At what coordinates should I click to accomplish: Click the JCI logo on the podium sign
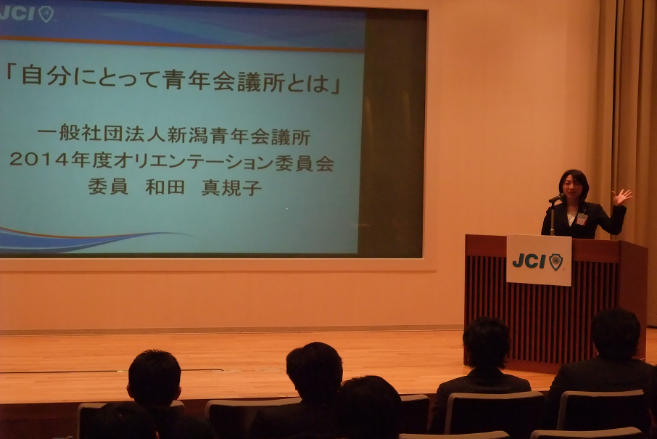(537, 261)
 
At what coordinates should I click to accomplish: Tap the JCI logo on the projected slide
(26, 13)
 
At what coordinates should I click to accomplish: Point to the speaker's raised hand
(621, 197)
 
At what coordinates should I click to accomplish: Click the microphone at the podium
(557, 198)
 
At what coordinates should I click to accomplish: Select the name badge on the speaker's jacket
(582, 219)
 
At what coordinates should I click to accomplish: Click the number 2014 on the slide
(38, 160)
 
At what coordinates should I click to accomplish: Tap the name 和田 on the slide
(165, 187)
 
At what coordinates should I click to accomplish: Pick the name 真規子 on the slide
(232, 187)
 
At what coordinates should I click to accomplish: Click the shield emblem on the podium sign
(555, 262)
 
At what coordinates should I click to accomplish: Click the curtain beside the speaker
(629, 126)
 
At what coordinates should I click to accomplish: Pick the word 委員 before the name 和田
(107, 187)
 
